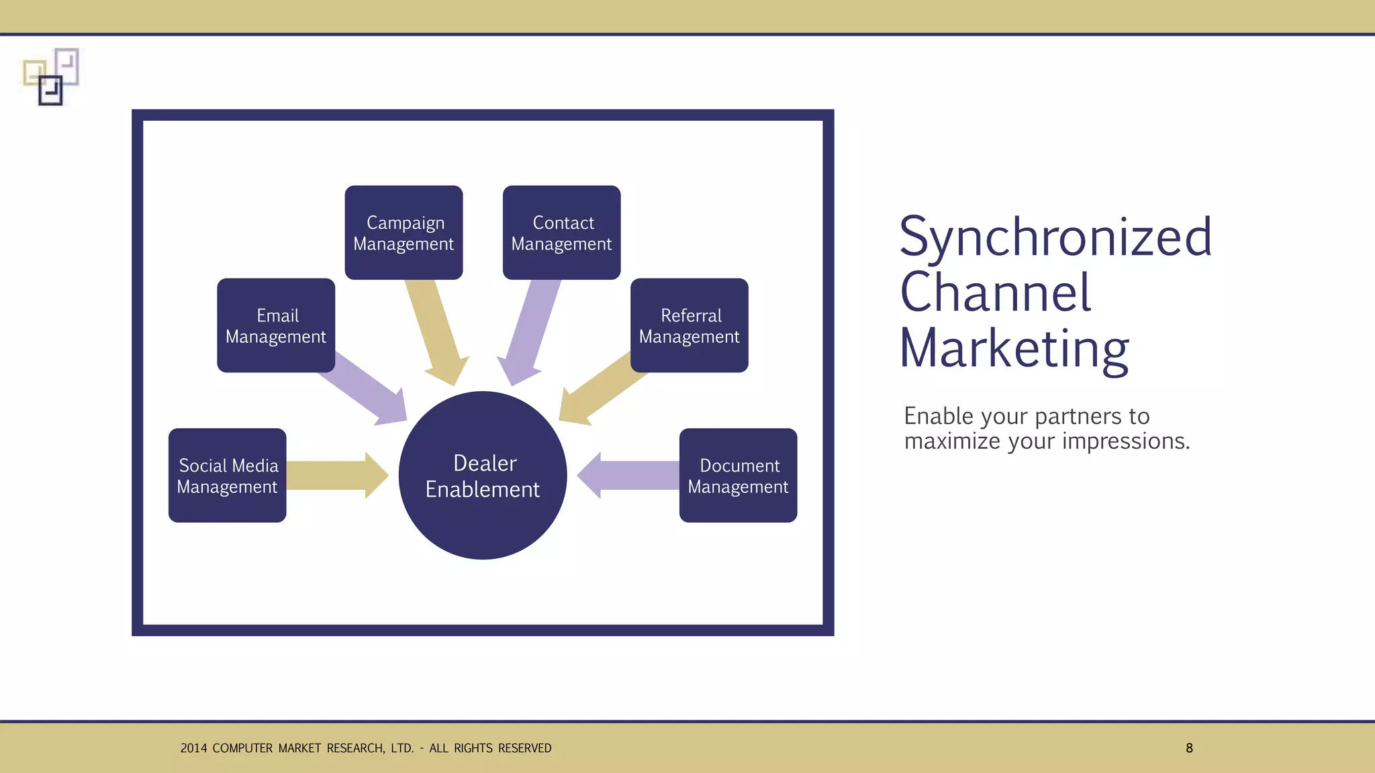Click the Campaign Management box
(404, 232)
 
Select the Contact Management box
(561, 232)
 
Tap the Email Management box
(276, 325)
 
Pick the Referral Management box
(690, 325)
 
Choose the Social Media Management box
(228, 475)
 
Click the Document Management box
(738, 475)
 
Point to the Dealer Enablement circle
(483, 475)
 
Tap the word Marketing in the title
(1014, 349)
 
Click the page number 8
(1189, 748)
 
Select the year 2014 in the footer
(193, 748)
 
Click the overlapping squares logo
(51, 76)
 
